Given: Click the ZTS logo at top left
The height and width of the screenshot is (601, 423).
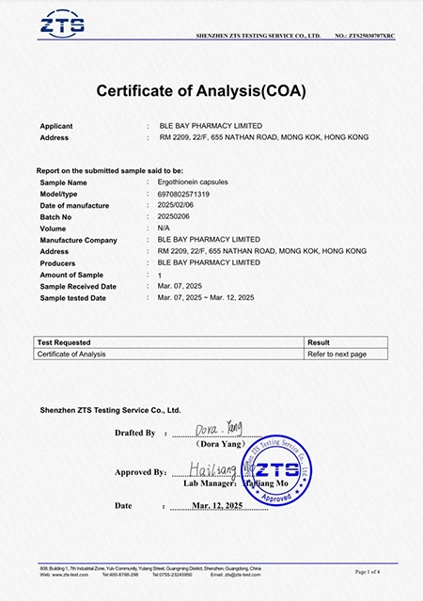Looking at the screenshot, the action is pyautogui.click(x=69, y=24).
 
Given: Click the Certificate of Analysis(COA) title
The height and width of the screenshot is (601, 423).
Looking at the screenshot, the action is pyautogui.click(x=201, y=91).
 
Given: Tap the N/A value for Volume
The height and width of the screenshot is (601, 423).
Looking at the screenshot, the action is pyautogui.click(x=164, y=228).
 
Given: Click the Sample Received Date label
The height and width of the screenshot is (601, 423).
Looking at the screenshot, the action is pyautogui.click(x=78, y=286).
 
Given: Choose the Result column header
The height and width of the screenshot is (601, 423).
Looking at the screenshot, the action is pyautogui.click(x=319, y=342).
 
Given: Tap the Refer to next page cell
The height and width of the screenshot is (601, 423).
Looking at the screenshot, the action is pyautogui.click(x=337, y=354).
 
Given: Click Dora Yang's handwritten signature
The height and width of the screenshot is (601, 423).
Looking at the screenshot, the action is pyautogui.click(x=218, y=430).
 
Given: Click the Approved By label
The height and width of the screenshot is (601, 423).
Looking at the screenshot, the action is pyautogui.click(x=140, y=472).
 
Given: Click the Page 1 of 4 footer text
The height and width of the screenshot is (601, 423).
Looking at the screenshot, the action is pyautogui.click(x=368, y=571).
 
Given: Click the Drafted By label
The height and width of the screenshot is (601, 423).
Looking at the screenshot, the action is pyautogui.click(x=134, y=433).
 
